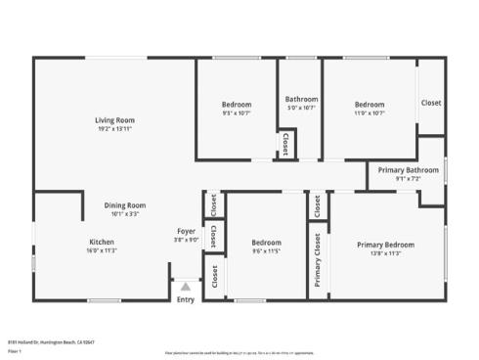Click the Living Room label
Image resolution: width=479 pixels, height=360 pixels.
[114, 119]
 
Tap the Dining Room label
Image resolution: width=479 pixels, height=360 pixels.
[125, 204]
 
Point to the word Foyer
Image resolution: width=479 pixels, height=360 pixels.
[186, 230]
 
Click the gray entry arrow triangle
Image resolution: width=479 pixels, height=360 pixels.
[186, 287]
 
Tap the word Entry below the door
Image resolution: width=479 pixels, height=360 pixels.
[186, 300]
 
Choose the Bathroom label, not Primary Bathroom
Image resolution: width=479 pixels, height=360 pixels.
[301, 99]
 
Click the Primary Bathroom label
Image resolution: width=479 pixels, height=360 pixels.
[409, 170]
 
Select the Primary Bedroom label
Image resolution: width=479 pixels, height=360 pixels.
[385, 244]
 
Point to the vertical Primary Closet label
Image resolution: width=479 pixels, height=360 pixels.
[318, 260]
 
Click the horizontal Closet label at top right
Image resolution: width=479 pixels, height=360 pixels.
[430, 103]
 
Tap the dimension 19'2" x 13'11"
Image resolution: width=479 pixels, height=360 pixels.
[114, 128]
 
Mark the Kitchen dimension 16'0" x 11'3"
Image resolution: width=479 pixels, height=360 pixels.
[103, 249]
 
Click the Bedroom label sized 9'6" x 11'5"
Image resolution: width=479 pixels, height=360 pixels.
[266, 243]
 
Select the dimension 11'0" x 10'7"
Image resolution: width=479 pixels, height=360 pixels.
[370, 112]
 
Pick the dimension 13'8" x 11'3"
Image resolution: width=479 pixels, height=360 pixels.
[385, 252]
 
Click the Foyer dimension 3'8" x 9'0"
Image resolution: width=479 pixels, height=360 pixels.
[186, 239]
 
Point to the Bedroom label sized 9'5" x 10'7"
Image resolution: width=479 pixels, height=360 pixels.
[237, 105]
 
